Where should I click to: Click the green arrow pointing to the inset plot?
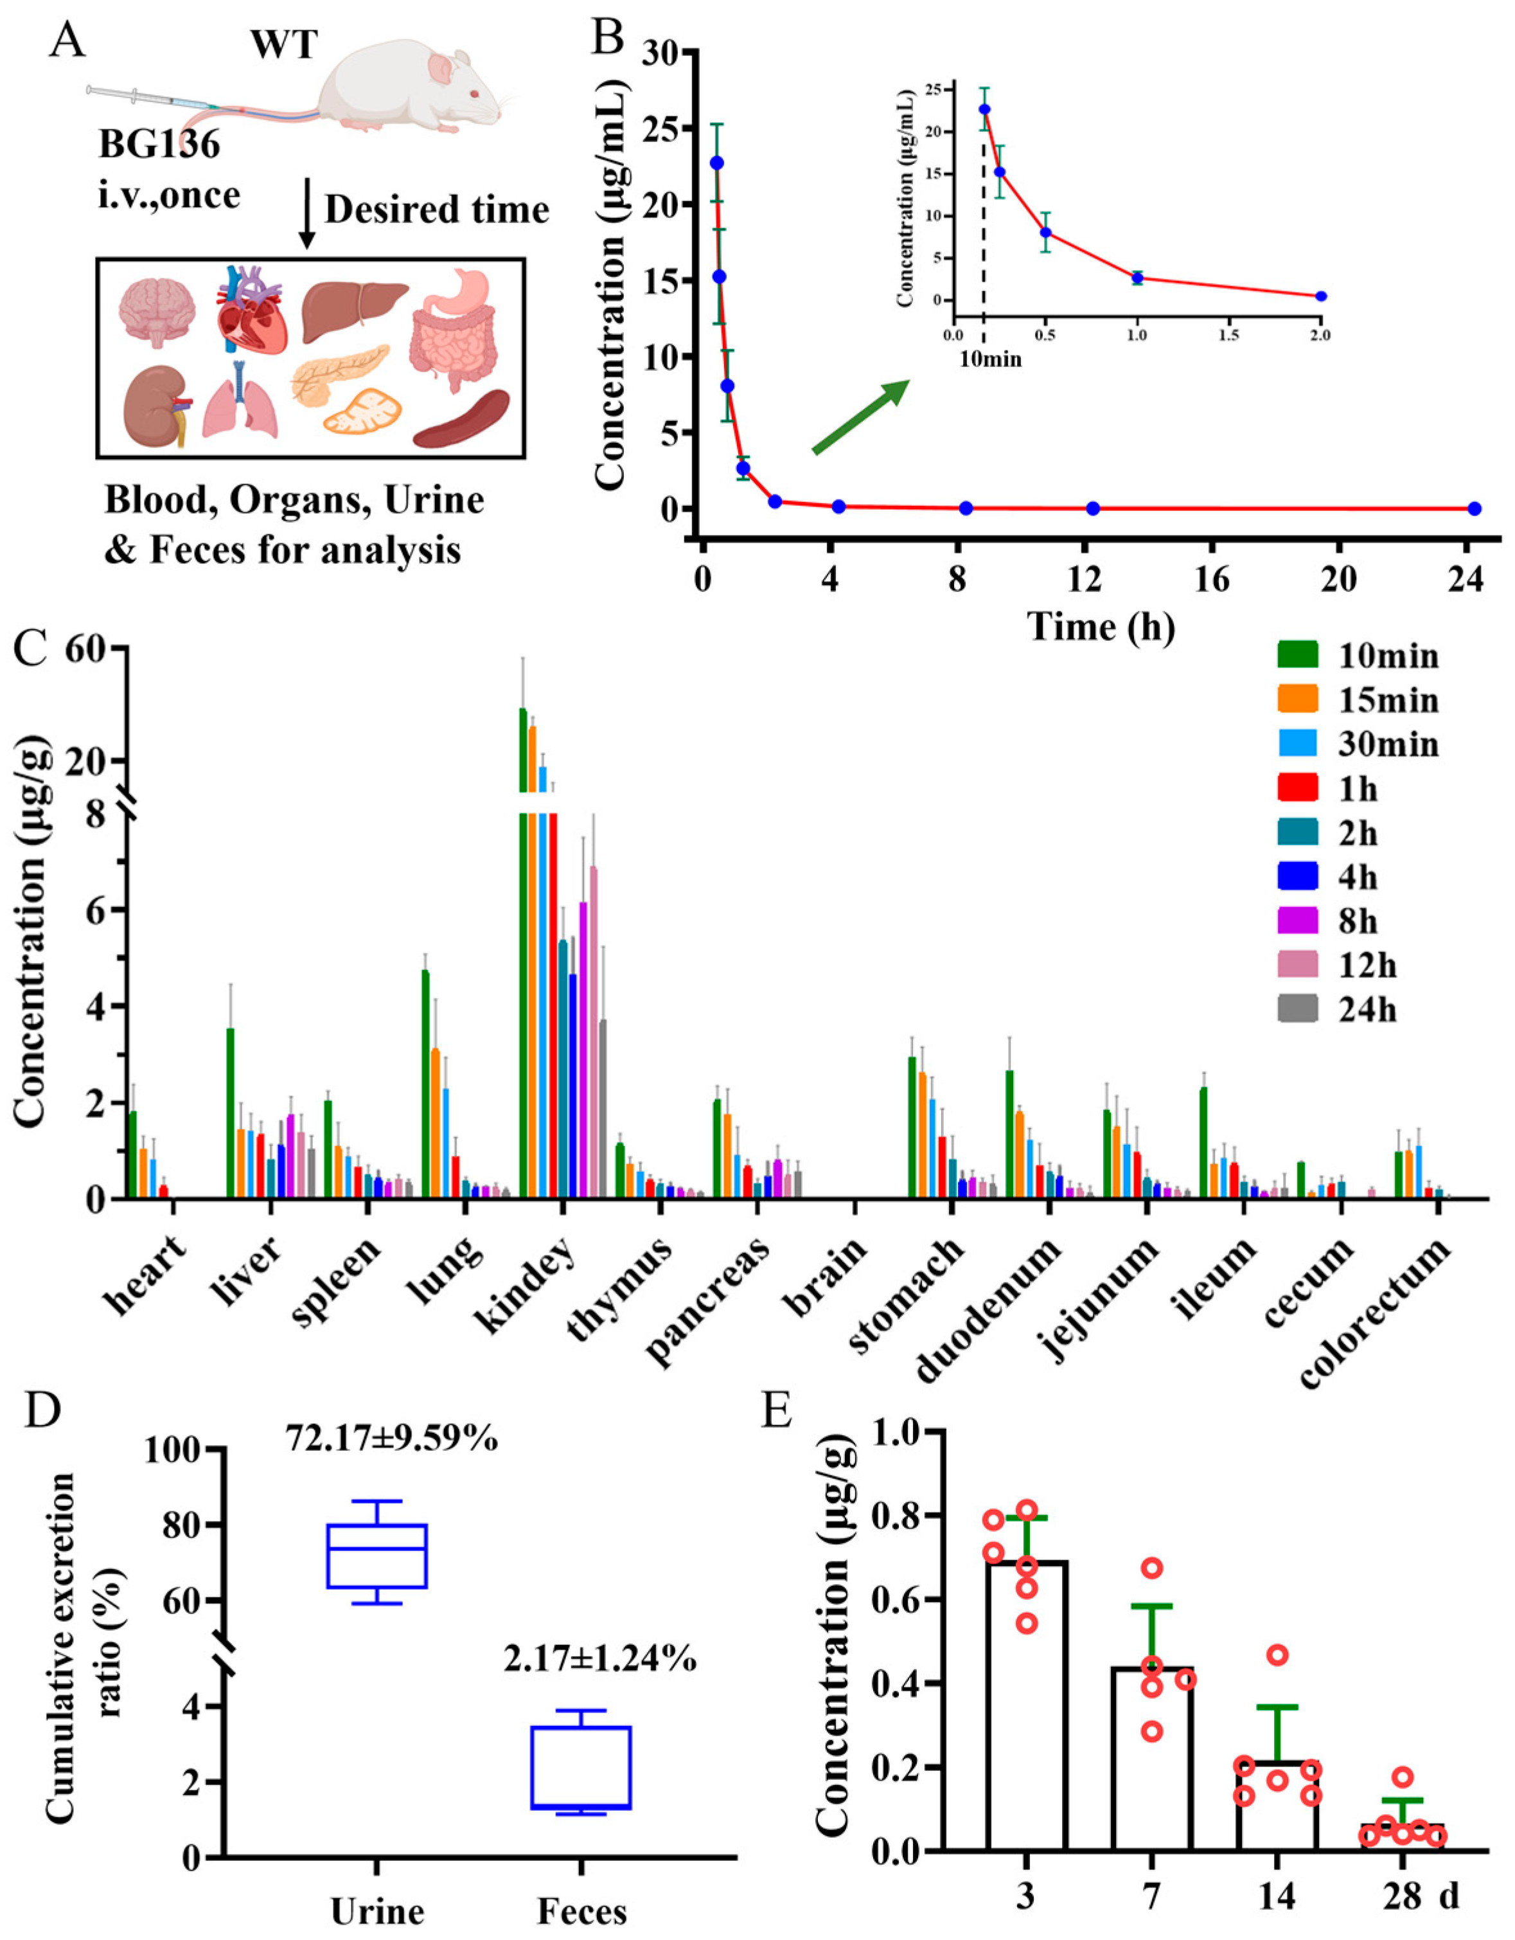tap(860, 417)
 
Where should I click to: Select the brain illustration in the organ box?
tap(157, 311)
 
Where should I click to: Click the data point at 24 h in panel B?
tap(1474, 508)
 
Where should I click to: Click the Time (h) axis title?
tap(1101, 626)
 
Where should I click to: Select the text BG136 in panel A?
tap(160, 145)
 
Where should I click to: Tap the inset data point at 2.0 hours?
tap(1320, 296)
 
